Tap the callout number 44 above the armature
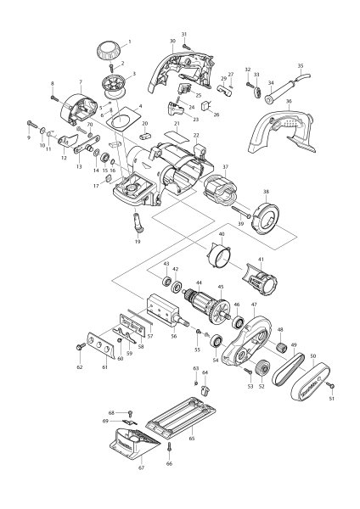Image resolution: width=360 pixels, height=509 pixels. tap(199, 282)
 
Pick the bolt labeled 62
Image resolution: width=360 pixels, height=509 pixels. tap(80, 345)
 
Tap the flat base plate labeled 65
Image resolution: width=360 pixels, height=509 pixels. tap(181, 420)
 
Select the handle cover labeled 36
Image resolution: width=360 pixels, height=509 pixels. tap(283, 130)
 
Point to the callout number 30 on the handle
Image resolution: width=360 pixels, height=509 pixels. tap(172, 41)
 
